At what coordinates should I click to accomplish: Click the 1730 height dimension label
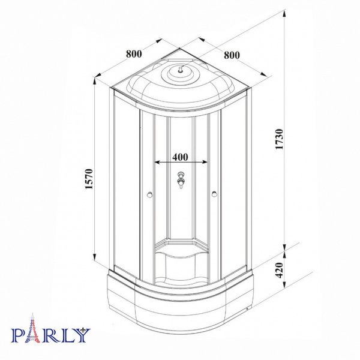(x=280, y=139)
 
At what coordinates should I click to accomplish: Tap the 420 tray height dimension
(x=280, y=270)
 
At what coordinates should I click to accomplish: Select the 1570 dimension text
(x=89, y=179)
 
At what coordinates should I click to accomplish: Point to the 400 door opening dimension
(x=180, y=157)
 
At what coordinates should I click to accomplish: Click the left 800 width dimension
(x=134, y=54)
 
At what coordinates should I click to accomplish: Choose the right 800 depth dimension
(x=232, y=55)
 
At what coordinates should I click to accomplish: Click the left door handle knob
(x=149, y=195)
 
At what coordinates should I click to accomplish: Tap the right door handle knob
(x=214, y=194)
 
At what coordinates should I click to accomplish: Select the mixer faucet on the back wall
(x=181, y=180)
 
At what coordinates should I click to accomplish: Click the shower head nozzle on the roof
(x=181, y=69)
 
